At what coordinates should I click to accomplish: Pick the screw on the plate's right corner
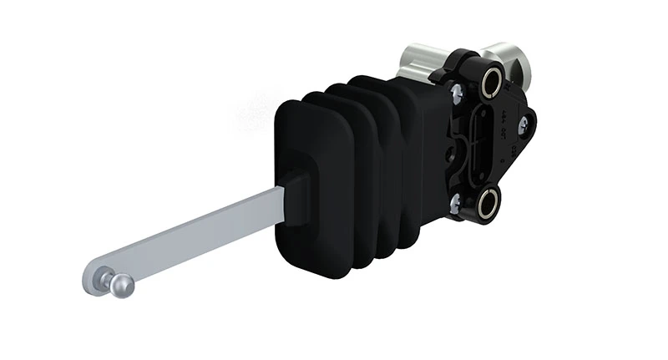point(523,125)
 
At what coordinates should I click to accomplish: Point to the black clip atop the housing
point(464,60)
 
